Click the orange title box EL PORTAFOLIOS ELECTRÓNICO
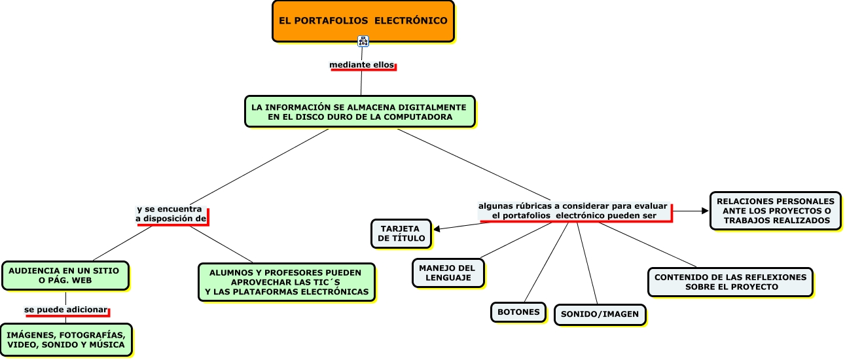(363, 21)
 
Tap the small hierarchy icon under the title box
(363, 41)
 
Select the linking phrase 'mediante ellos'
(362, 65)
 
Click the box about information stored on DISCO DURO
(359, 111)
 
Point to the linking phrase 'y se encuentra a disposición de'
(171, 213)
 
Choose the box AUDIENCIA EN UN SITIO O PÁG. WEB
(65, 275)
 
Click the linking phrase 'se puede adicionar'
(65, 308)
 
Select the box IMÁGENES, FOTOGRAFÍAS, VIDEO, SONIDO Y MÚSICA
(65, 339)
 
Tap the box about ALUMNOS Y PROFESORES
(287, 282)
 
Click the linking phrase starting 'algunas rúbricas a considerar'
(573, 210)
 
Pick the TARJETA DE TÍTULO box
(401, 234)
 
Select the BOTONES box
(518, 312)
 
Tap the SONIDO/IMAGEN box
(600, 314)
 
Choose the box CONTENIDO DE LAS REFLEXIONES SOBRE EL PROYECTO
(730, 281)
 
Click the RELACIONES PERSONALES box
(775, 211)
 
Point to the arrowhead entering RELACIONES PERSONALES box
(705, 211)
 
